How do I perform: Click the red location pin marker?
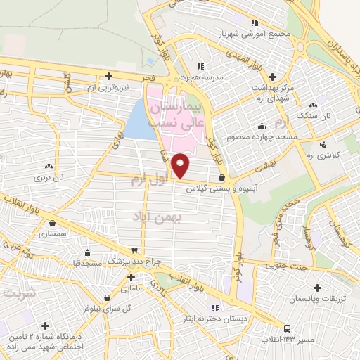[x=181, y=165]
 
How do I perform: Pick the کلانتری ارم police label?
[x=323, y=153]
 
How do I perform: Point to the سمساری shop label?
[x=53, y=231]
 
